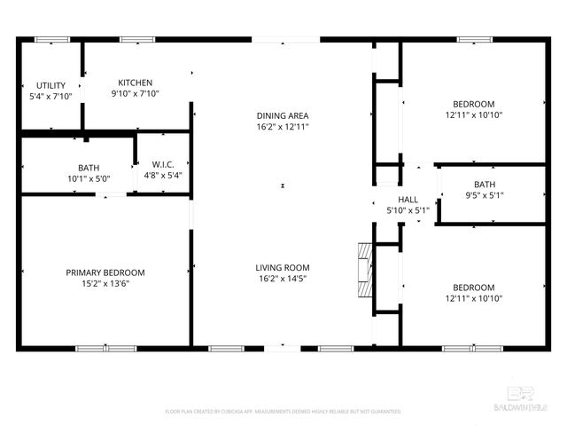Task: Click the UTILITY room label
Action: pos(50,85)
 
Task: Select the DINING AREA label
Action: pos(283,116)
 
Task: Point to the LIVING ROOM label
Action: pos(283,267)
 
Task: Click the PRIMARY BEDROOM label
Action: pos(105,272)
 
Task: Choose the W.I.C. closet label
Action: pos(161,164)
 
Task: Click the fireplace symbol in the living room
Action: pos(363,272)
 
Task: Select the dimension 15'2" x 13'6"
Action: pos(105,284)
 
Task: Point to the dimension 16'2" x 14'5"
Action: pos(283,279)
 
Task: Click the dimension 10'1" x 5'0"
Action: pos(89,178)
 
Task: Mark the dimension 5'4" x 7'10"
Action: pos(50,96)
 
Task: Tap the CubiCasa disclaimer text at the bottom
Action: pos(283,412)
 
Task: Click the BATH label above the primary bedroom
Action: pos(89,167)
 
